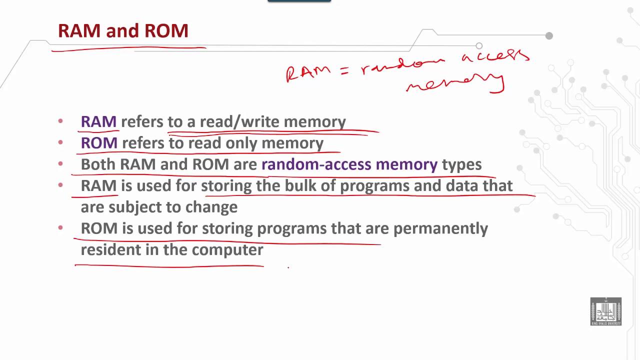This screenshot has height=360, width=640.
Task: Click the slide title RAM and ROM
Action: [x=123, y=31]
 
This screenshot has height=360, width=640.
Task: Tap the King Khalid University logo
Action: [x=605, y=311]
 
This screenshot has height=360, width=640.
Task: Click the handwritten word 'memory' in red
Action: [x=455, y=83]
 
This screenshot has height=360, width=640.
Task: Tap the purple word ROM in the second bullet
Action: [x=99, y=143]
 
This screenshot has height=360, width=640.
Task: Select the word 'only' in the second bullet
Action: [x=242, y=143]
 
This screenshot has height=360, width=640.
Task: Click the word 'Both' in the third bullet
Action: [x=98, y=164]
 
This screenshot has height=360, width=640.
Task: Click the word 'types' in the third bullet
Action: [x=461, y=164]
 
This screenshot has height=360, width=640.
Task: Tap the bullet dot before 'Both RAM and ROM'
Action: [x=60, y=164]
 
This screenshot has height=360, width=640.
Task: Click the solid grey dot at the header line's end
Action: [x=549, y=35]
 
